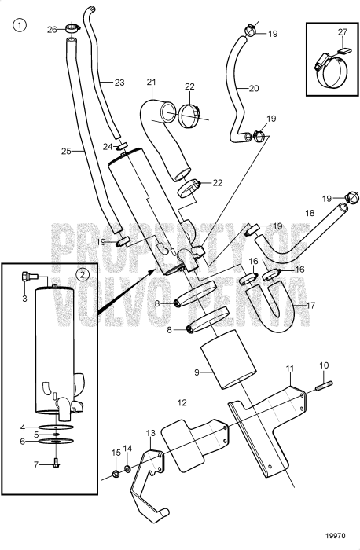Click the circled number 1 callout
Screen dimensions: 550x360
[20, 24]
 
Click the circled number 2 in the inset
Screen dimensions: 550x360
[83, 275]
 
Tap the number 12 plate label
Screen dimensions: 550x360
[182, 403]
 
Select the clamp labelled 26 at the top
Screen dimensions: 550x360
[72, 31]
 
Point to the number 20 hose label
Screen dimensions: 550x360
[253, 88]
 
